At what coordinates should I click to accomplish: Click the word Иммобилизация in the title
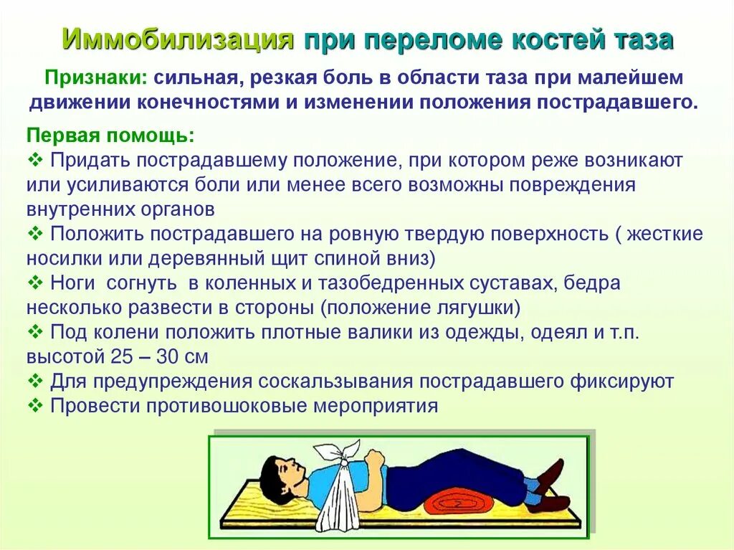pos(177,39)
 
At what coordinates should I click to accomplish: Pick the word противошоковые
pos(227,406)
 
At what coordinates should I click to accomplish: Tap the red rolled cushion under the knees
pos(459,501)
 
